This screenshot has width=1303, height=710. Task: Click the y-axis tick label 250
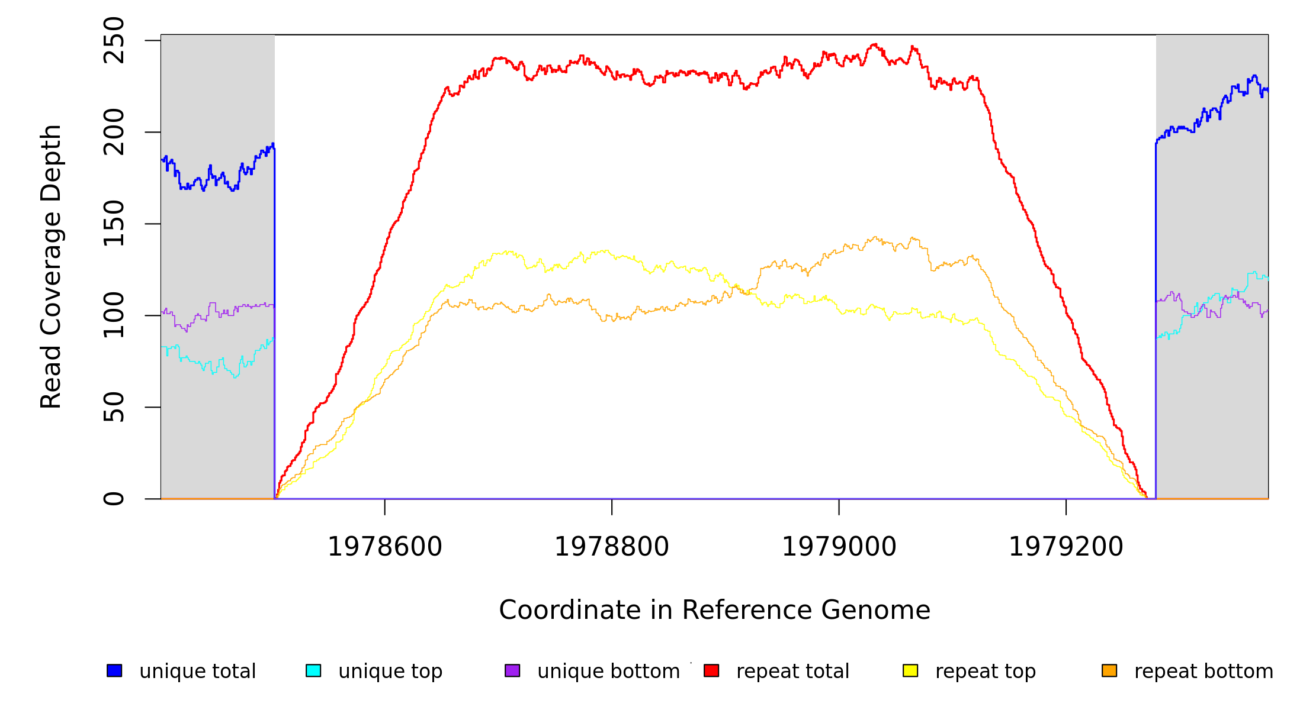[x=114, y=40]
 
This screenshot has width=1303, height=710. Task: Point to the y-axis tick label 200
[x=114, y=132]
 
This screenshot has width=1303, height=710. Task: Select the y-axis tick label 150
[x=114, y=224]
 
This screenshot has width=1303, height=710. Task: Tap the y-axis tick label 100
[x=114, y=315]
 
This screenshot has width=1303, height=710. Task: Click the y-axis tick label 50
[x=114, y=407]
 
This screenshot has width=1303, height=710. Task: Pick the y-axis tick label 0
[x=114, y=499]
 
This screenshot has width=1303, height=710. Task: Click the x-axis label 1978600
[x=385, y=547]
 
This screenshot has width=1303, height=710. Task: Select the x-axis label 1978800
[x=612, y=547]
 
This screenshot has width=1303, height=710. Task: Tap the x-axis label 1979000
[x=839, y=547]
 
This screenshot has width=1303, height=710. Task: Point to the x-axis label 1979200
[x=1066, y=547]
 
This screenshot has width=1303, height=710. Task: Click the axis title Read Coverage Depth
[x=51, y=267]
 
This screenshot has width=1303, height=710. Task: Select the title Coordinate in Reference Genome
[x=715, y=611]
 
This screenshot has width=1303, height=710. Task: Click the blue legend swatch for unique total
[x=114, y=670]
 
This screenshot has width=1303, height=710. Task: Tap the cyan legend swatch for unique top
[x=313, y=670]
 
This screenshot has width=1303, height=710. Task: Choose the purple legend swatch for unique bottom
[x=512, y=670]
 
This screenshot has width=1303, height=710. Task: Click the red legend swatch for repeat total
[x=711, y=670]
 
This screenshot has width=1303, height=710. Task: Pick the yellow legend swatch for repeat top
[x=910, y=670]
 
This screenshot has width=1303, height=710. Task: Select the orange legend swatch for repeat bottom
[x=1109, y=670]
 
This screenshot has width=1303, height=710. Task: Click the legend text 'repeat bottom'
[x=1203, y=672]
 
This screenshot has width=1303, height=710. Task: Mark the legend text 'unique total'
[x=198, y=672]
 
